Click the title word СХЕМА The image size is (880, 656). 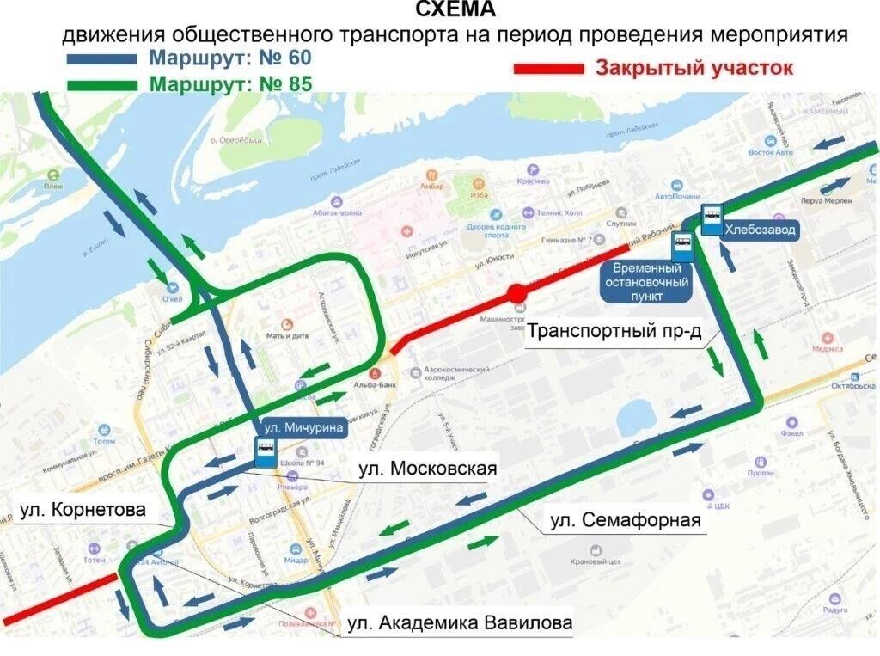point(455,9)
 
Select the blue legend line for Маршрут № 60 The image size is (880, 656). point(101,59)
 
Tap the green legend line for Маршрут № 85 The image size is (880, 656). point(101,84)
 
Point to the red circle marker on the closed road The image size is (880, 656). point(516,294)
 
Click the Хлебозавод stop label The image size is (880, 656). point(761,230)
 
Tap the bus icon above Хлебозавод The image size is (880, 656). point(712,219)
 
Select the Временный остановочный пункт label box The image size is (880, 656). point(646,282)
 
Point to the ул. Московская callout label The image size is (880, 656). point(427,469)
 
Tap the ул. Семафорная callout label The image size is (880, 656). point(625,520)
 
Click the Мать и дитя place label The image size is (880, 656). point(287,336)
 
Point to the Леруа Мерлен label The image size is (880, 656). point(825,200)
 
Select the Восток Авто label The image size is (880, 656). point(771,152)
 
